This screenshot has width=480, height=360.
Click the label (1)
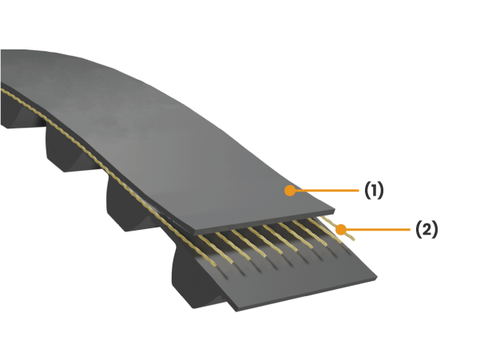tap(374, 190)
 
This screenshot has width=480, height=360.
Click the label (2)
tap(426, 229)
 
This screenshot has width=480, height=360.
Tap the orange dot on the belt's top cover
tap(290, 191)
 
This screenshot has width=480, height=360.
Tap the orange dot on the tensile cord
tap(341, 229)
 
